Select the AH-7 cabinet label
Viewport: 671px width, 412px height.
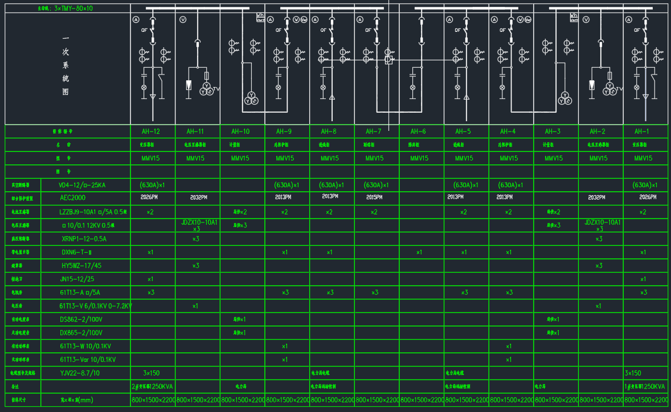(x=374, y=131)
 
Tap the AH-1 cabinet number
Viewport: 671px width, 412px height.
(x=643, y=131)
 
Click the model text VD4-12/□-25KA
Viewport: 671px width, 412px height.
(x=83, y=185)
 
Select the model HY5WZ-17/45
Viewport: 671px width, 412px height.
(x=81, y=266)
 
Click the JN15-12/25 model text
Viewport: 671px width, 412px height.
(x=77, y=279)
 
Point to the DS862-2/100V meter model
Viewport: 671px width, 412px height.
(x=81, y=319)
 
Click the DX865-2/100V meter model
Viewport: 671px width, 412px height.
(x=81, y=332)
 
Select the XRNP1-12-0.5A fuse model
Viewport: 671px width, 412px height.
(x=84, y=239)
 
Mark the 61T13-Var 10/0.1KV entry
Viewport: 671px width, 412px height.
(x=88, y=360)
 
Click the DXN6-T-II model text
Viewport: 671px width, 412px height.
(x=77, y=252)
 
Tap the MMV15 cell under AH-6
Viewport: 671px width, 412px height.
(x=419, y=158)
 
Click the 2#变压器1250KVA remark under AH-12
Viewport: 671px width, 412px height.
(x=152, y=386)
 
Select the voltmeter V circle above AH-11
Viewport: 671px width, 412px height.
(x=183, y=20)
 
